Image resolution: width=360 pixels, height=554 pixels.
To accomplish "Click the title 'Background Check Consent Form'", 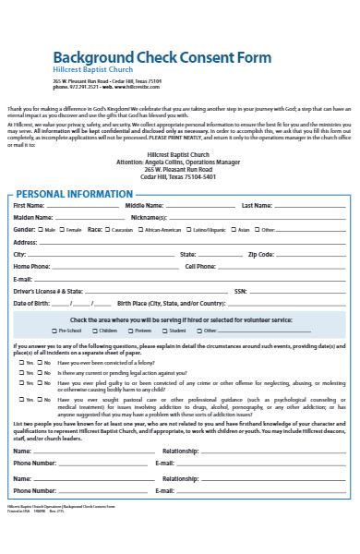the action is point(162,57).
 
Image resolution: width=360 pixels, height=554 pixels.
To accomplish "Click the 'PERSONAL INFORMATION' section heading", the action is point(75,194).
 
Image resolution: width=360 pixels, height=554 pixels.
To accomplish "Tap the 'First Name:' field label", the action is point(29,205).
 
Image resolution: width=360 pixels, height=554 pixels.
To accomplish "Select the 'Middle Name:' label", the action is point(144,205).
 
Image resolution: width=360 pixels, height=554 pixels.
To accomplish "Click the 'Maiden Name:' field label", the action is point(32,217).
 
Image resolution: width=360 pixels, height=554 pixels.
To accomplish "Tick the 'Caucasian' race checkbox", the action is point(108,229).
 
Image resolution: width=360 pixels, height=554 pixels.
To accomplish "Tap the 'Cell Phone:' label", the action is point(200,265).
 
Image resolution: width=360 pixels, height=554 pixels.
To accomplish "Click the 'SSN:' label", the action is point(240,290).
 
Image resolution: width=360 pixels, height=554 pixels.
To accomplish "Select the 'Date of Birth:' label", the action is point(32,302).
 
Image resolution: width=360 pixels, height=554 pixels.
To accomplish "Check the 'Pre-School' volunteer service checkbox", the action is point(54,330).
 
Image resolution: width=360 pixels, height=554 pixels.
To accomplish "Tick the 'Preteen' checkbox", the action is point(128,330).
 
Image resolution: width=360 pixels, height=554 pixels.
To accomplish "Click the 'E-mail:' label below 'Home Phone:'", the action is point(23,278).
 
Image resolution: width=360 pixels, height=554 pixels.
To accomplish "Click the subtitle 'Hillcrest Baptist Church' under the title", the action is point(92,70).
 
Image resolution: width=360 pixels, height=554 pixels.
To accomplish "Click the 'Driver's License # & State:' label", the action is point(42,290).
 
